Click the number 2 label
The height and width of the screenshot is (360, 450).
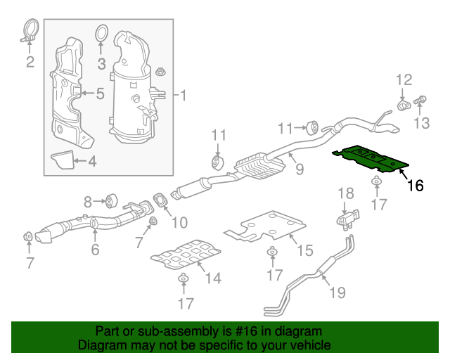pos(30,63)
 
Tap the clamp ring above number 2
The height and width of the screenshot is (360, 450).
pos(30,31)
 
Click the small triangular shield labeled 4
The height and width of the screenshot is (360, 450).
pos(64,160)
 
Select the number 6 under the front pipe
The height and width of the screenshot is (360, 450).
pos(95,248)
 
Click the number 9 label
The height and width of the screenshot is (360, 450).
pos(299,169)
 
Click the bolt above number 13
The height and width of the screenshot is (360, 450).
pos(421,101)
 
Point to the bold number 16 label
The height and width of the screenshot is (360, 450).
pos(415,186)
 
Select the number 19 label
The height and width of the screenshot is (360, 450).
pos(337,291)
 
